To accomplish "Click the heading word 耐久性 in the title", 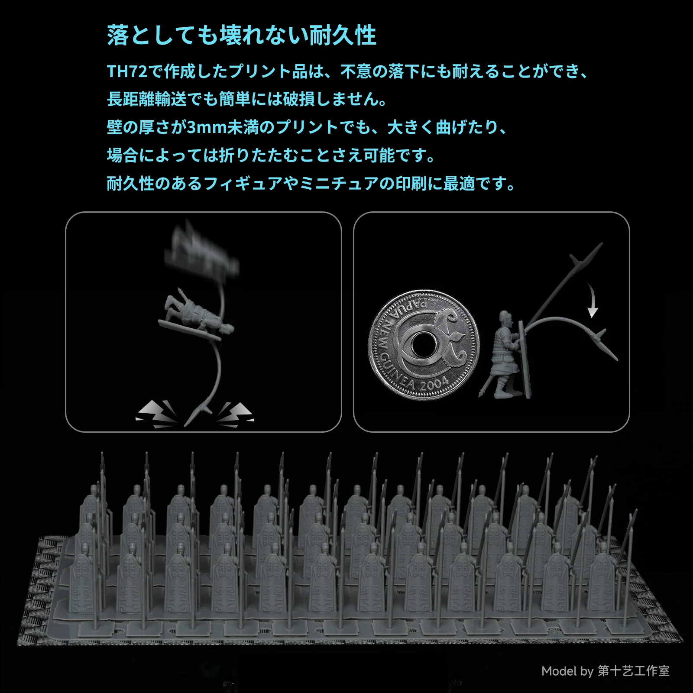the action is pos(343,35).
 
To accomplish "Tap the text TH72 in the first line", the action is pos(127,71).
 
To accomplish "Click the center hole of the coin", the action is pos(423,345).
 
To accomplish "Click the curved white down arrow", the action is pos(591,300).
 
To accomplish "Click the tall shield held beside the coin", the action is pos(525,359).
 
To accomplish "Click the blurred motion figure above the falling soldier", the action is pos(201,251).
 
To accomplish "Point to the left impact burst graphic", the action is pos(157,414).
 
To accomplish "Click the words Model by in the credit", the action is pos(567,671).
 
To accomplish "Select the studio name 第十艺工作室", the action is pos(634,671).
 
